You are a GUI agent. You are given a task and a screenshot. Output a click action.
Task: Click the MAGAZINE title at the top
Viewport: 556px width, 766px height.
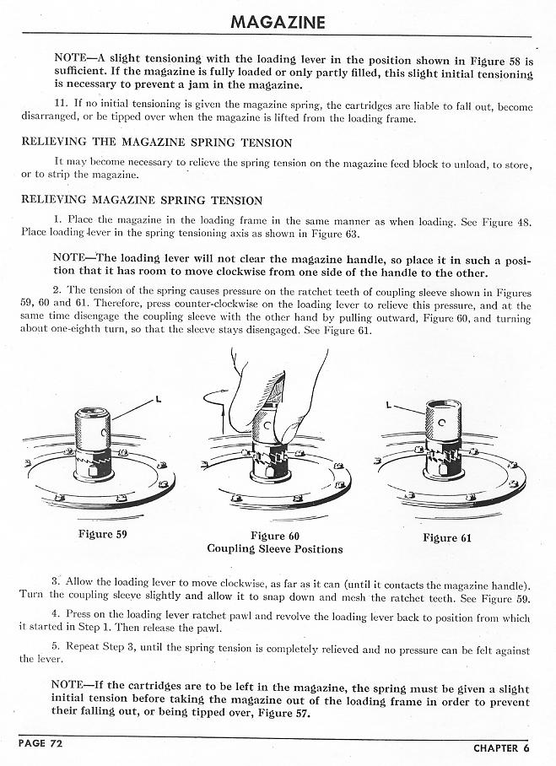point(278,21)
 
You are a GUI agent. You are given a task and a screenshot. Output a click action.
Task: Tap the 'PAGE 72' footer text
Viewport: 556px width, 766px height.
point(43,743)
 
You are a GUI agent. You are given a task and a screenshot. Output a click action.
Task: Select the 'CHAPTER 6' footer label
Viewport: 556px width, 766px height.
point(501,747)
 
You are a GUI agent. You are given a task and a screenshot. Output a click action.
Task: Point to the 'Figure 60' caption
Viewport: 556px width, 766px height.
point(275,536)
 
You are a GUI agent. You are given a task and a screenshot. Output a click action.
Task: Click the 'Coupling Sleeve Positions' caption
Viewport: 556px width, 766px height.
point(275,549)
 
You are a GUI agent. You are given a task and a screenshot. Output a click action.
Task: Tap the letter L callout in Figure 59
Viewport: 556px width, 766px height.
point(158,396)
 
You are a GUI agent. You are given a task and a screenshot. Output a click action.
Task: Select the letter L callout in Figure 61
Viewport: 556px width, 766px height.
point(390,405)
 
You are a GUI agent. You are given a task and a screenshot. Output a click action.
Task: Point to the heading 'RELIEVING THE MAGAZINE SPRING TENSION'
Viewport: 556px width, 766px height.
point(156,143)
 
